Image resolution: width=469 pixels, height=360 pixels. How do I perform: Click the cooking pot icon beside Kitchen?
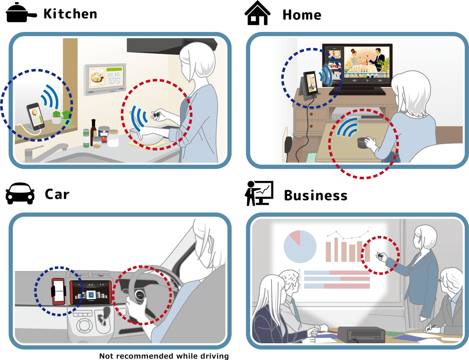point(21,13)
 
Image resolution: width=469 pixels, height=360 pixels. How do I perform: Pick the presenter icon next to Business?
point(259,193)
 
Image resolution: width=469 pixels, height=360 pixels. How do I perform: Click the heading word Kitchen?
point(70,14)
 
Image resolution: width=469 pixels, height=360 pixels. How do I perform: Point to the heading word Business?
point(316,195)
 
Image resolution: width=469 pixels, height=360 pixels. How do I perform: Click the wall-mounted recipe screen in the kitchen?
point(105,79)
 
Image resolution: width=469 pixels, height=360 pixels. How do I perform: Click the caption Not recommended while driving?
point(164,356)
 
